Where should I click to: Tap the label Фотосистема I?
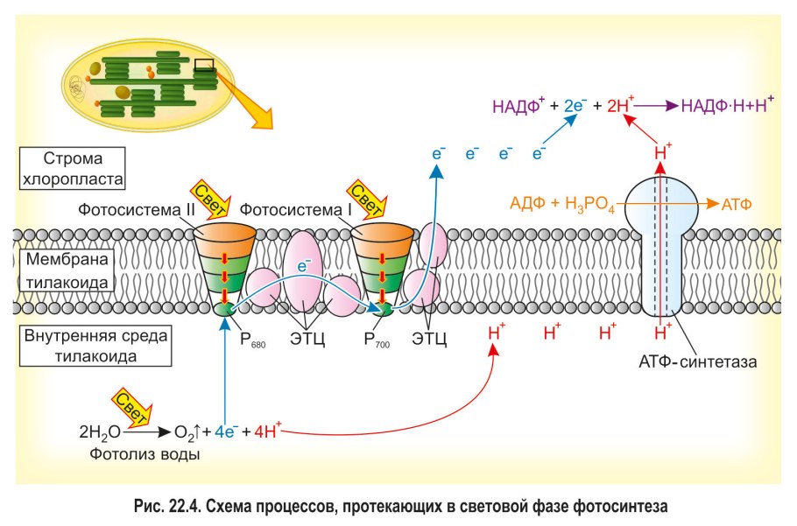286,210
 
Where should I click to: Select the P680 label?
253,340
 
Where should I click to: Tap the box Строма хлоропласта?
73,169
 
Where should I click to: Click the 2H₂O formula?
99,431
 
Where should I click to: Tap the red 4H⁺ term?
267,431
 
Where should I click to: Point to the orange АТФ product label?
737,204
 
